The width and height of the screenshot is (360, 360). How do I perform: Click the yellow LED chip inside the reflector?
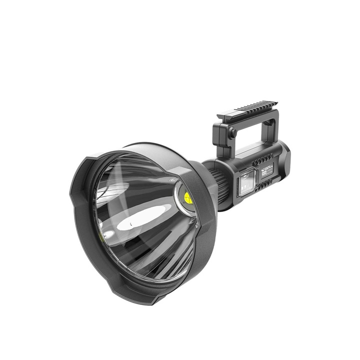tap(188, 198)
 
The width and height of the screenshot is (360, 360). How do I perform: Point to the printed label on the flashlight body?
tap(267, 169)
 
